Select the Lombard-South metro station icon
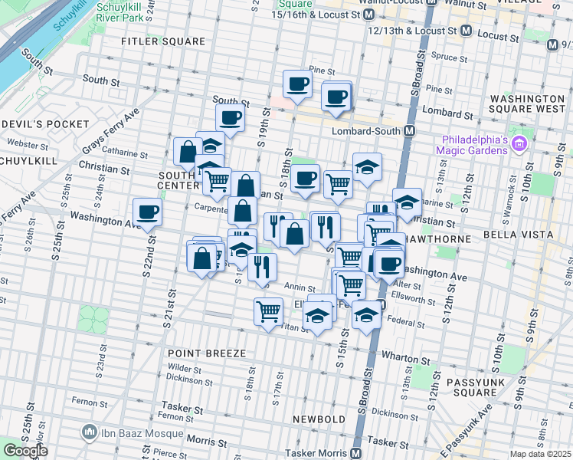410,130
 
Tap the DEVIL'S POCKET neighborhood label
46,123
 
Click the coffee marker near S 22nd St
147,214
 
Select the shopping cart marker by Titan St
268,313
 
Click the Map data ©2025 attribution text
540,454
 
